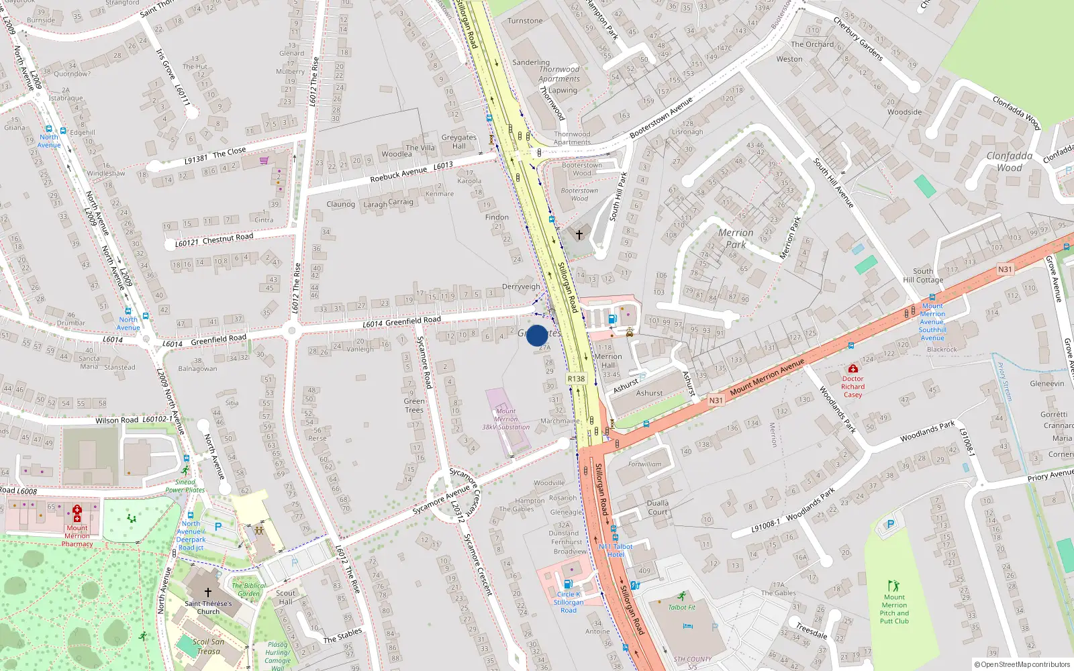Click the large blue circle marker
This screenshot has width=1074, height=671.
point(537,335)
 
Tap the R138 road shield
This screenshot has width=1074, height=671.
point(576,378)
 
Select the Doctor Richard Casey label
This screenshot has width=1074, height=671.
point(852,386)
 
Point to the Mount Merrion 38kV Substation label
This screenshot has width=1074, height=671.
point(505,419)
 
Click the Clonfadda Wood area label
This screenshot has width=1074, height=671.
point(1009,162)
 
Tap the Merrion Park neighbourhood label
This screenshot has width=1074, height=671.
point(736,238)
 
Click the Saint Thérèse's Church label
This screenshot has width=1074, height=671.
point(208,607)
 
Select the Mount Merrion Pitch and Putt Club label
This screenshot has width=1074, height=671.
point(894,609)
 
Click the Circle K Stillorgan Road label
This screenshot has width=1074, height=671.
point(569,602)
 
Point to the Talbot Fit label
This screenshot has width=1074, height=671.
point(681,607)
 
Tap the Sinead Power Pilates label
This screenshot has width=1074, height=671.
point(185,486)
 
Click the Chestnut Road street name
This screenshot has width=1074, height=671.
point(228,238)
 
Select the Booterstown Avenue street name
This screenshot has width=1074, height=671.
point(661,118)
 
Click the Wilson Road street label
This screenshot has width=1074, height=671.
point(117,420)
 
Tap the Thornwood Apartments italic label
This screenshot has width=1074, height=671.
point(559,74)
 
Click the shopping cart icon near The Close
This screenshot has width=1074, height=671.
point(264,160)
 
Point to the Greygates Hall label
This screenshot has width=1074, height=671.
point(459,142)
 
